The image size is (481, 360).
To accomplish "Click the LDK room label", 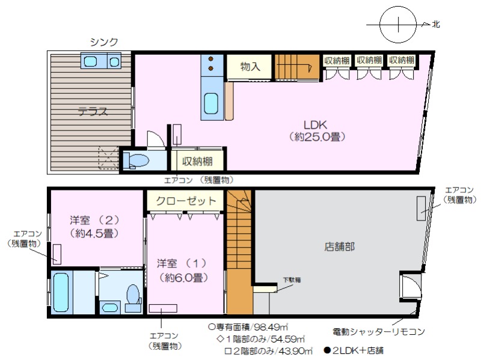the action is coord(315,125).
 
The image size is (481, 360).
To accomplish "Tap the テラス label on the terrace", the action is coord(93,111).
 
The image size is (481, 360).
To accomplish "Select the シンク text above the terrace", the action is coord(104,41).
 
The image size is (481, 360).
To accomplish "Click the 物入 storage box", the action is coord(250,67).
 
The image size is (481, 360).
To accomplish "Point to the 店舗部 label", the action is coord(339,246).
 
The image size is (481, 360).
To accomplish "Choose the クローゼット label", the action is coord(186,201).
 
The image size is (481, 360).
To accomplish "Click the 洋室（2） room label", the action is coord(94,220).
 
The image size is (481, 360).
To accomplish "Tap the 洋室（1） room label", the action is coord(182,263).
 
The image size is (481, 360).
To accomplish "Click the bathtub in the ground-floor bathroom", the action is coord(61,292).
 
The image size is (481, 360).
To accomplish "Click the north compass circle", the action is coord(398,25).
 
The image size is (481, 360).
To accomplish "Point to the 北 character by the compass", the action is coord(435,24).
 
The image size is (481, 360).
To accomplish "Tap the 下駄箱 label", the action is coord(292,279).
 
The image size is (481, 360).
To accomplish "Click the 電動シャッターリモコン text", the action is coord(379,332).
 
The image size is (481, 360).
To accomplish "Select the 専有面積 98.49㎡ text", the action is coord(248,327).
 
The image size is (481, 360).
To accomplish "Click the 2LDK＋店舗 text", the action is coord(354,350).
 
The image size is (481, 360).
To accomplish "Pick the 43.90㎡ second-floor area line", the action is coord(268,350).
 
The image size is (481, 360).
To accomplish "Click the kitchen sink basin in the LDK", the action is coord(211,103).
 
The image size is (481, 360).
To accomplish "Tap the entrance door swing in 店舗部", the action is coord(411,286).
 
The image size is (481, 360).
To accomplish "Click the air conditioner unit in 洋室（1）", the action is coord(163,308).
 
